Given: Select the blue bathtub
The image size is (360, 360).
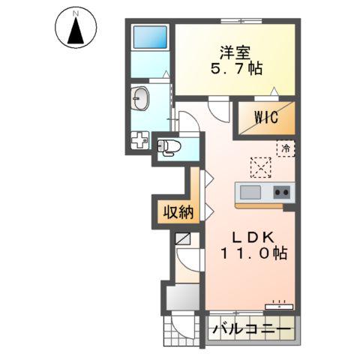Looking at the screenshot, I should tap(148, 39).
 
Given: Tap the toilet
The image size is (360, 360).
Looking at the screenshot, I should tap(168, 146).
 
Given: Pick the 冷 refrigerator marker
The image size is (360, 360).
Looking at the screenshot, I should tap(286, 148).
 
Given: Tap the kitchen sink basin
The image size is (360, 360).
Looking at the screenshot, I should tap(250, 192).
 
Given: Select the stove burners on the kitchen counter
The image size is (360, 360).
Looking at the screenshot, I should tap(281, 192).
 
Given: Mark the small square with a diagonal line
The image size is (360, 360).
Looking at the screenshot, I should tap(183, 241).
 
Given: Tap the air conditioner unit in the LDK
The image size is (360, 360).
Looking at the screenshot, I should tap(280, 305).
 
